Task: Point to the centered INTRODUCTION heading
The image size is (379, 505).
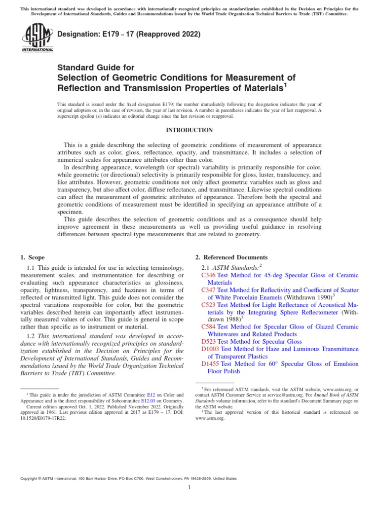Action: (189, 130)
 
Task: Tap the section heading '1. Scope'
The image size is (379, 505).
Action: (32, 257)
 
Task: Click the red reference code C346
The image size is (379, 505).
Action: (208, 275)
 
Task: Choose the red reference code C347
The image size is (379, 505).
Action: (208, 290)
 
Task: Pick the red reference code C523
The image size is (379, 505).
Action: (208, 305)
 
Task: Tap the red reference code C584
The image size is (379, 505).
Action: (208, 326)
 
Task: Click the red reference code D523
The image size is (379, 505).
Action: (209, 341)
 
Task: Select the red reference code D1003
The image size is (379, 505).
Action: (211, 349)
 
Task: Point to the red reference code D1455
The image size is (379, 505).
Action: (211, 363)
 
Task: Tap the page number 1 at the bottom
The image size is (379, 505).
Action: (189, 487)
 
